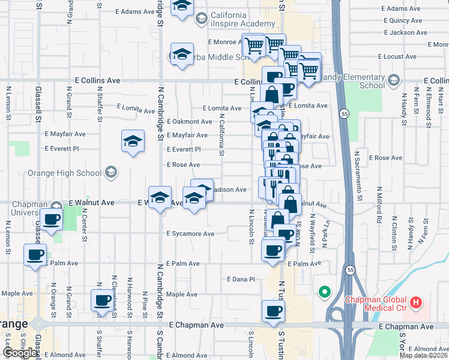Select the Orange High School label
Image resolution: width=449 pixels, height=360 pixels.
(x=73, y=173)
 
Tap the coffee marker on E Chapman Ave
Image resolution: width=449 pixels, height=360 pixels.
(x=273, y=312)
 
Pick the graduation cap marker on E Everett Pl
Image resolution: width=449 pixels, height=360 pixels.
(x=133, y=142)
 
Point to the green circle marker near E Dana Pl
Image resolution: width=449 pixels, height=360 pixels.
(x=325, y=292)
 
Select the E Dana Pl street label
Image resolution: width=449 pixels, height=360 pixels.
(x=241, y=279)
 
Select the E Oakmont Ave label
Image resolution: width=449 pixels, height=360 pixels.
(x=189, y=121)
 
